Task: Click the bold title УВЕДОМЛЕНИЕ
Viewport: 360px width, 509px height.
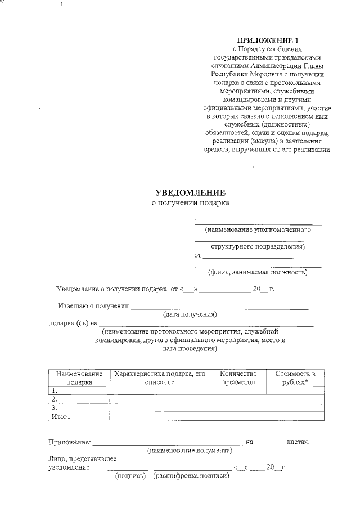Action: tap(190, 193)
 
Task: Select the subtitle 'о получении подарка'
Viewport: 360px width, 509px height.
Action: tap(191, 203)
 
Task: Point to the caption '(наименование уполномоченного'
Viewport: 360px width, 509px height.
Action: tap(258, 229)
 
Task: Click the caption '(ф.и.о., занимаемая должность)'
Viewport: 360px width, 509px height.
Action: tap(258, 272)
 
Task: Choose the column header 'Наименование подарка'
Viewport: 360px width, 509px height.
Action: tap(79, 377)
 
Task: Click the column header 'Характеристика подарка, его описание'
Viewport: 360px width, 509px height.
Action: tap(160, 377)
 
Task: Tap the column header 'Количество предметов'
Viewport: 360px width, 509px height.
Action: tap(238, 377)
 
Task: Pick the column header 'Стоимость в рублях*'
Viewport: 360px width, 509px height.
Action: tap(295, 377)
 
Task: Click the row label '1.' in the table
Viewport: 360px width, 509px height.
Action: tap(55, 390)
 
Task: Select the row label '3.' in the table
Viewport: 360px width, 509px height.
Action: tap(55, 407)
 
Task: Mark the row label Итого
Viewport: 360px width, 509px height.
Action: tap(60, 416)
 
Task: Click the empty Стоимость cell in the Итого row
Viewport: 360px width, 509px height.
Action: tap(295, 416)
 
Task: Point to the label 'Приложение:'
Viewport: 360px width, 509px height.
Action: tap(69, 443)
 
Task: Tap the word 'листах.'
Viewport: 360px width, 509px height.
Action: tap(298, 443)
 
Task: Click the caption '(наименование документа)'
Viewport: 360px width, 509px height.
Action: tap(190, 451)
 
